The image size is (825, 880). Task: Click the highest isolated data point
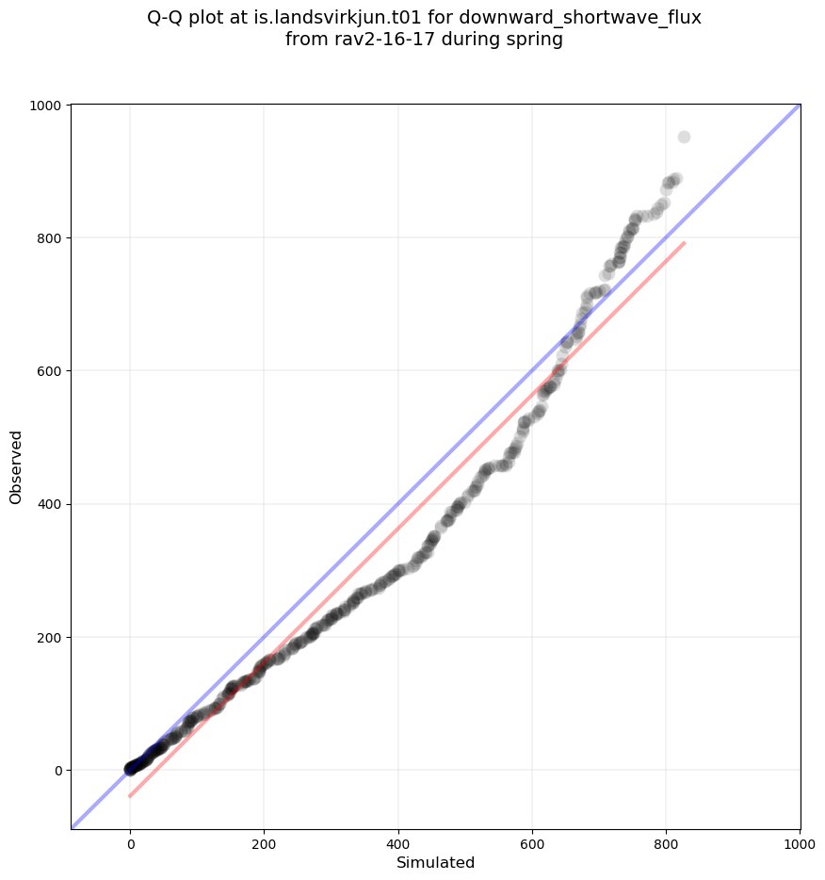point(684,138)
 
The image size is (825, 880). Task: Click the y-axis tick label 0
point(58,770)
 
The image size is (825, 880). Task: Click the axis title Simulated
point(435,863)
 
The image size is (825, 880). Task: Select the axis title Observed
point(16,466)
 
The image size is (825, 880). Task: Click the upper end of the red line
point(685,243)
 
